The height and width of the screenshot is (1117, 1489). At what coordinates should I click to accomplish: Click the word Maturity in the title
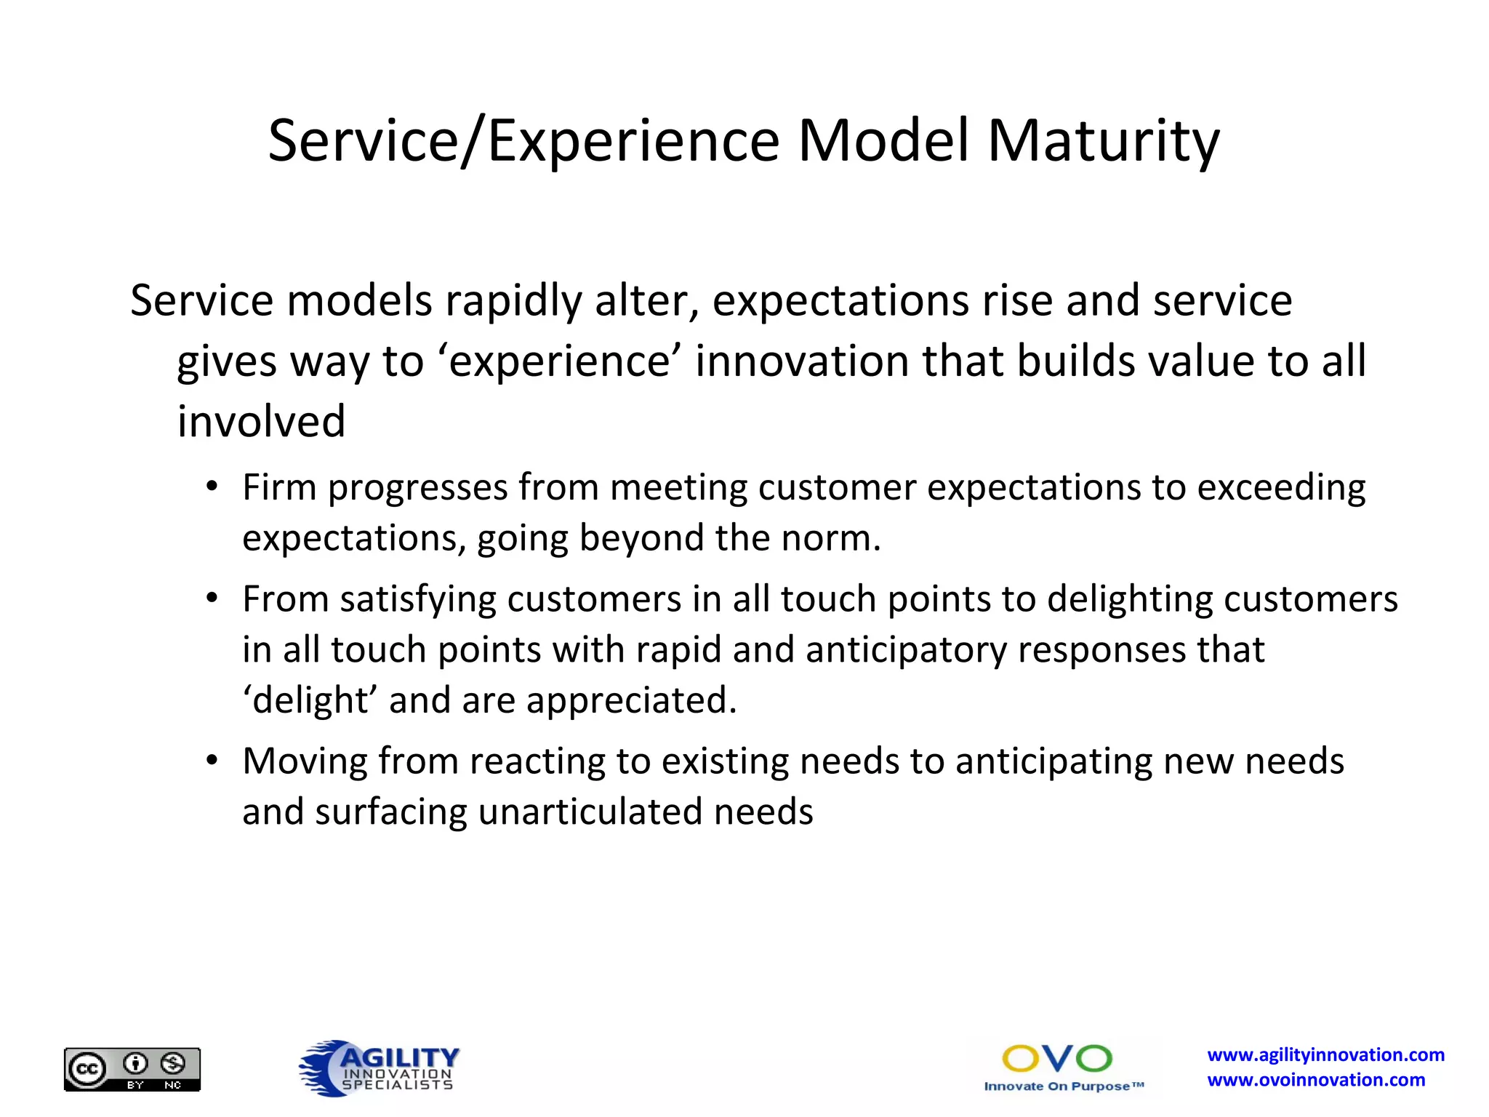pyautogui.click(x=1103, y=141)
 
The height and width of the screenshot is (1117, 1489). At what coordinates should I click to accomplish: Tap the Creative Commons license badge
pyautogui.click(x=132, y=1069)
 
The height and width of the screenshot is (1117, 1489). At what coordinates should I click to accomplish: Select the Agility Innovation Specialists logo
pyautogui.click(x=380, y=1068)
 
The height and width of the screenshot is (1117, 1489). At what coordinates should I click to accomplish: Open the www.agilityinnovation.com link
pyautogui.click(x=1325, y=1054)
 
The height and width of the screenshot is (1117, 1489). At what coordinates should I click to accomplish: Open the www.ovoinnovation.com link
pyautogui.click(x=1316, y=1080)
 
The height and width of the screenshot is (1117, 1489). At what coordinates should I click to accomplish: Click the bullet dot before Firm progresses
pyautogui.click(x=212, y=487)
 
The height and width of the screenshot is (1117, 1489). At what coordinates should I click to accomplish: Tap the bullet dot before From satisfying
pyautogui.click(x=212, y=598)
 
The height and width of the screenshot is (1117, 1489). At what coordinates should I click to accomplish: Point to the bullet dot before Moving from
pyautogui.click(x=212, y=761)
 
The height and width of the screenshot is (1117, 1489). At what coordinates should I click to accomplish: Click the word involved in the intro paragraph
pyautogui.click(x=261, y=422)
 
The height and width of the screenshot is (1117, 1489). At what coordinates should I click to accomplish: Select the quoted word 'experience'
pyautogui.click(x=559, y=361)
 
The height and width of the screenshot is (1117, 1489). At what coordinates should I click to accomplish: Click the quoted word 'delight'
pyautogui.click(x=310, y=700)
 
